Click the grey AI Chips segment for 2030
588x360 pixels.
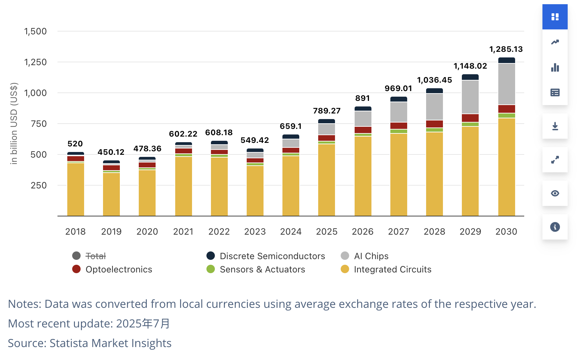tap(506, 84)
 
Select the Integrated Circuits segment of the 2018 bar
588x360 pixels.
tap(76, 189)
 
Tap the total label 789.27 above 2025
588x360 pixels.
tap(327, 111)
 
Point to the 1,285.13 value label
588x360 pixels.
tap(506, 49)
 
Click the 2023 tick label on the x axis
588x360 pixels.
tap(255, 232)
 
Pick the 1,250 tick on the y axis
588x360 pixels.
tap(35, 62)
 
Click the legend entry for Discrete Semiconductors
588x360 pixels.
tap(272, 256)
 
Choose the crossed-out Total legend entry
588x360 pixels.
tap(95, 256)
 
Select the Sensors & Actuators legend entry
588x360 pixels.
tap(262, 270)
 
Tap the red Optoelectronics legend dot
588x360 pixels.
tap(76, 269)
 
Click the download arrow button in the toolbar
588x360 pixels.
tap(555, 126)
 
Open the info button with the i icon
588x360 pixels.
tap(555, 227)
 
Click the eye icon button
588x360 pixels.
tap(555, 193)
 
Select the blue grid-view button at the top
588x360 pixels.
tap(555, 17)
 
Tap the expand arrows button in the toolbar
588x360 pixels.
tap(555, 160)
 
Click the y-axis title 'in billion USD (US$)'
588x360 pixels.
tap(14, 124)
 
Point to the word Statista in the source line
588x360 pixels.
tap(69, 343)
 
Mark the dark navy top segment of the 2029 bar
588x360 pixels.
tap(470, 77)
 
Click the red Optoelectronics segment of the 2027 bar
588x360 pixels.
tap(399, 126)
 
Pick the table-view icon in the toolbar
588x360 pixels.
tap(555, 92)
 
